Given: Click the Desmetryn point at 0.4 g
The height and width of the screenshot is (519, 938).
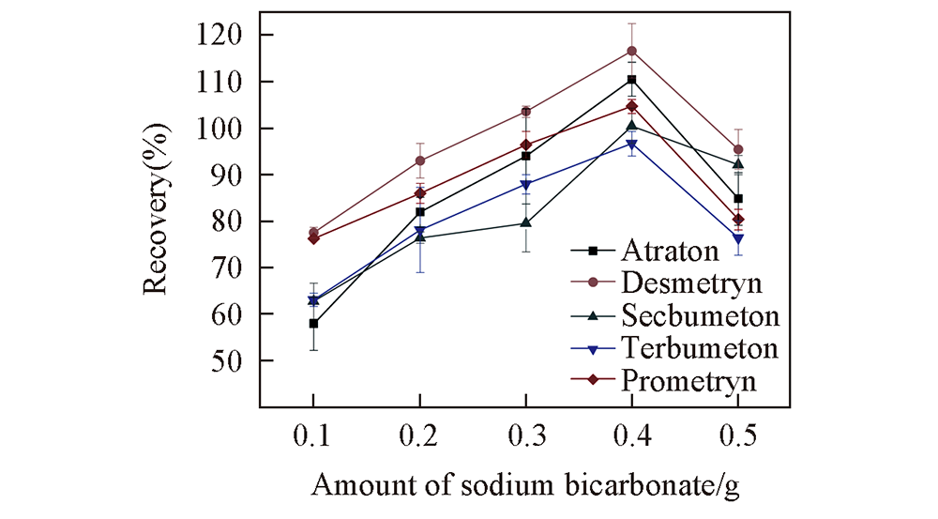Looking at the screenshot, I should pyautogui.click(x=631, y=51).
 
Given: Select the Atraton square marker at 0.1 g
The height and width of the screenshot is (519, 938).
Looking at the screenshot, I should pyautogui.click(x=313, y=323).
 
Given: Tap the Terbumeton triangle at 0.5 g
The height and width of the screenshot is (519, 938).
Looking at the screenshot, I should pyautogui.click(x=738, y=239).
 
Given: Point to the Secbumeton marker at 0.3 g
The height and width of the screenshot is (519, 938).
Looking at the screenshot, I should pyautogui.click(x=525, y=223).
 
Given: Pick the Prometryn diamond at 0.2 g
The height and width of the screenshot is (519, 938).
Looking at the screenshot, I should pyautogui.click(x=419, y=193).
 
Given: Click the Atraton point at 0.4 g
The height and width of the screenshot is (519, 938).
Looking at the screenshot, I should pyautogui.click(x=631, y=80).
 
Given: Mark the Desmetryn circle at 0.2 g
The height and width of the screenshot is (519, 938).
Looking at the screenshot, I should pyautogui.click(x=419, y=160).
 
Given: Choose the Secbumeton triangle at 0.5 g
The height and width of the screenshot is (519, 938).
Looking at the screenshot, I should pyautogui.click(x=738, y=164).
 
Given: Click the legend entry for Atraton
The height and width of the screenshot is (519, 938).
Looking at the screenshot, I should pyautogui.click(x=667, y=251).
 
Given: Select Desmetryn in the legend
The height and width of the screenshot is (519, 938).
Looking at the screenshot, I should pyautogui.click(x=691, y=282).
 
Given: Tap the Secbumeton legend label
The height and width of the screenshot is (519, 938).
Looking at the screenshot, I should pyautogui.click(x=697, y=315).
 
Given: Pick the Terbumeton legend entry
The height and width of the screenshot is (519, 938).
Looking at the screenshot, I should pyautogui.click(x=697, y=348).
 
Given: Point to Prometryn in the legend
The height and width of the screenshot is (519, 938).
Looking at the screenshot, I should pyautogui.click(x=689, y=380).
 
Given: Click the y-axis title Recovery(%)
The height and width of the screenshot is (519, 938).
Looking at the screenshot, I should pyautogui.click(x=158, y=200).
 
